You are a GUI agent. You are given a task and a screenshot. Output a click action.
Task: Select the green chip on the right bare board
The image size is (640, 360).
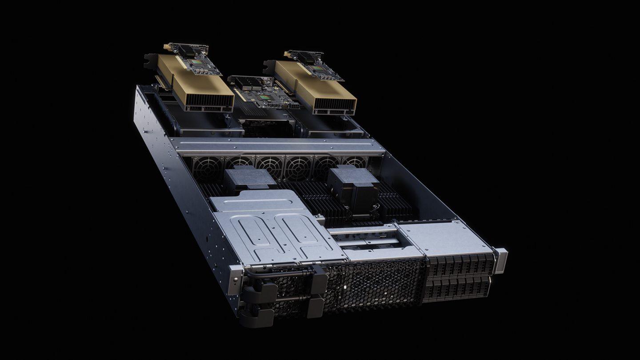tap(316, 68)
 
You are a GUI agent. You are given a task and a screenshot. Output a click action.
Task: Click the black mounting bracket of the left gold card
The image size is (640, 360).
tap(150, 60)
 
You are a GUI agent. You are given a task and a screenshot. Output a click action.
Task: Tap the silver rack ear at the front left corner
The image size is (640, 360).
tap(236, 280)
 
